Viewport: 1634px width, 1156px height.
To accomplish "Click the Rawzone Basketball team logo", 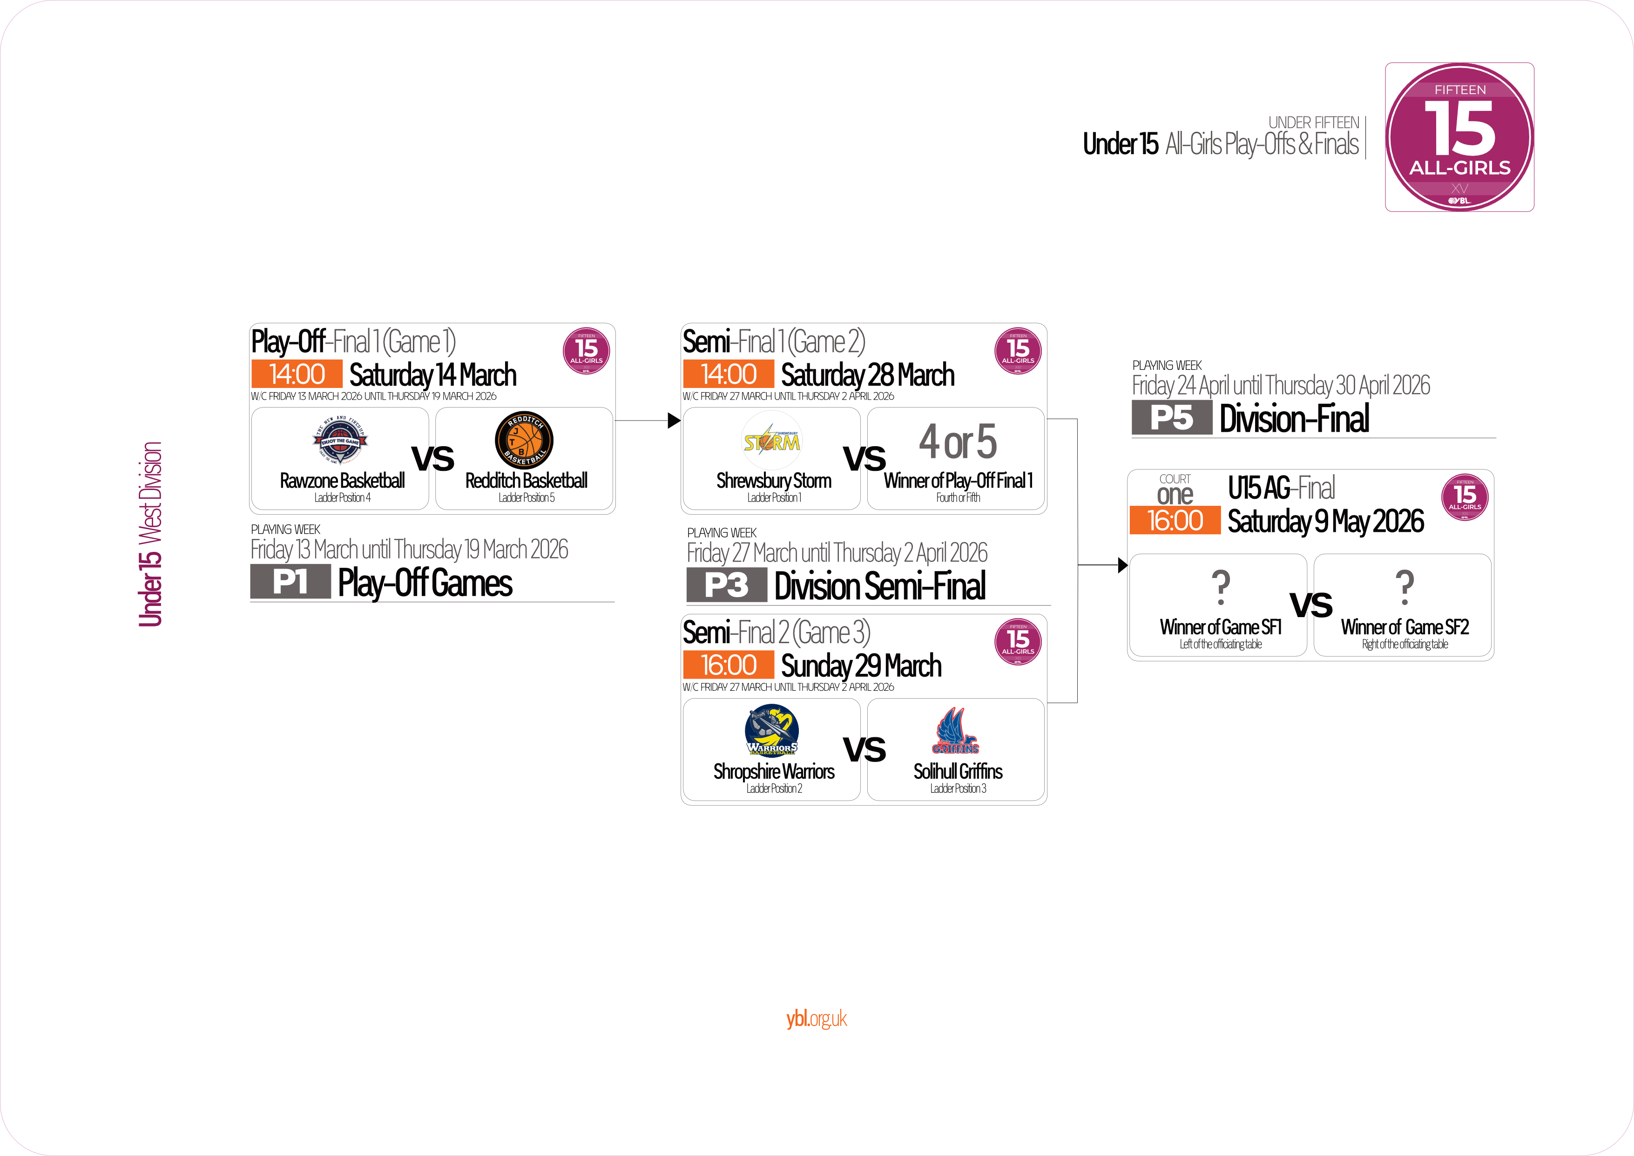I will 341,440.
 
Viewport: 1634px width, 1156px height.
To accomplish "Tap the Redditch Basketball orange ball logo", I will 525,439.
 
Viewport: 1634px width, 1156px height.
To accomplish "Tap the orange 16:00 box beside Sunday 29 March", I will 728,665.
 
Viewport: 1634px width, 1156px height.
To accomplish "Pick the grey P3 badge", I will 726,585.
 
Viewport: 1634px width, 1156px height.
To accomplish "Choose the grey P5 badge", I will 1171,418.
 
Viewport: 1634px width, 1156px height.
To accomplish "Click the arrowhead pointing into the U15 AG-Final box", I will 1122,565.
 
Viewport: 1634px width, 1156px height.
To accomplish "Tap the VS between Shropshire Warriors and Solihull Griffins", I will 864,749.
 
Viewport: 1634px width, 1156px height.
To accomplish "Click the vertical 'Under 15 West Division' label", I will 150,534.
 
